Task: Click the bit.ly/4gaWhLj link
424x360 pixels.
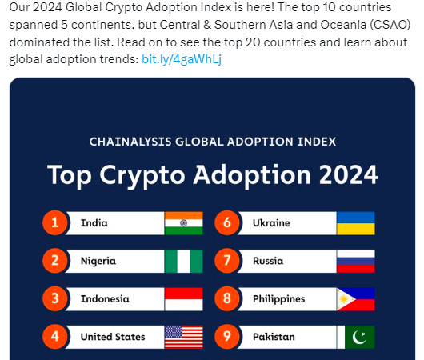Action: pyautogui.click(x=182, y=59)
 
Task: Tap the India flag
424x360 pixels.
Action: pyautogui.click(x=184, y=223)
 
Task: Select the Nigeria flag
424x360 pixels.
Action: pyautogui.click(x=184, y=261)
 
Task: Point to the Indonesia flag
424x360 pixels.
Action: pyautogui.click(x=184, y=299)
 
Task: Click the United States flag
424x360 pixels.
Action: pyautogui.click(x=184, y=337)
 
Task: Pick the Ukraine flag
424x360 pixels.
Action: pyautogui.click(x=356, y=223)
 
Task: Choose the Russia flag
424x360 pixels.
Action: pyautogui.click(x=356, y=261)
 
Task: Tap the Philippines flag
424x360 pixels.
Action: pyautogui.click(x=356, y=299)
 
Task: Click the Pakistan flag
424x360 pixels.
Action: pyautogui.click(x=356, y=337)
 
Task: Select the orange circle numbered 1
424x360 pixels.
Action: pyautogui.click(x=55, y=222)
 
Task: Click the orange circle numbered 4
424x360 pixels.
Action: pyautogui.click(x=55, y=337)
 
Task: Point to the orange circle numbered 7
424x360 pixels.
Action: pyautogui.click(x=227, y=261)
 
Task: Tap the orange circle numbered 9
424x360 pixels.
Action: pyautogui.click(x=227, y=337)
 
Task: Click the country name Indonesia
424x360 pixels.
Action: pyautogui.click(x=105, y=299)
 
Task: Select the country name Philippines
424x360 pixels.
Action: pyautogui.click(x=278, y=299)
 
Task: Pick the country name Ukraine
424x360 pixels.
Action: pyautogui.click(x=271, y=223)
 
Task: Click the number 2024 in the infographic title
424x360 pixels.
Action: pyautogui.click(x=348, y=175)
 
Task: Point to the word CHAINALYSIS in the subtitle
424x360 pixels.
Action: pyautogui.click(x=130, y=142)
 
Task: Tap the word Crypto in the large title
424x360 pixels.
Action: pyautogui.click(x=142, y=176)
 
